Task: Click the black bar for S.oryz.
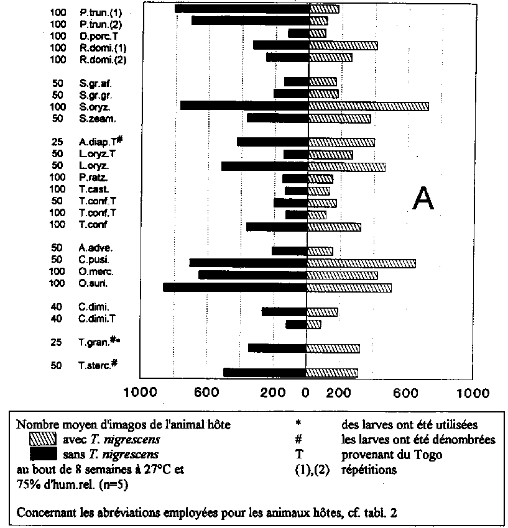[243, 106]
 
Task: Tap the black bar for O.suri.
[235, 287]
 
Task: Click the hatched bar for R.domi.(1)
[343, 45]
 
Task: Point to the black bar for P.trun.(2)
[249, 20]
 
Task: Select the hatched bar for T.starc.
[332, 373]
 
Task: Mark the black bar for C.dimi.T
[296, 324]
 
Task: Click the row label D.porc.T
[99, 35]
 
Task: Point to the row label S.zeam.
[98, 118]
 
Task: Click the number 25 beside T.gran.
[57, 342]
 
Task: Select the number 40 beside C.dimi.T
[57, 319]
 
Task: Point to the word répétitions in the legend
[369, 470]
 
